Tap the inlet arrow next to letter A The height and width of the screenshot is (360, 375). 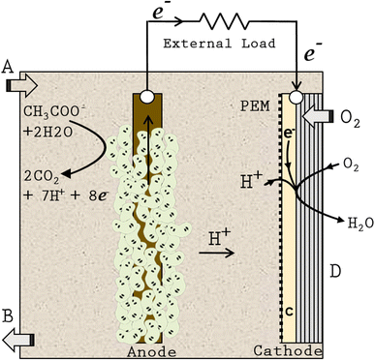(x=18, y=86)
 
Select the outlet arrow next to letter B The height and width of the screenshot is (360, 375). (x=18, y=338)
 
